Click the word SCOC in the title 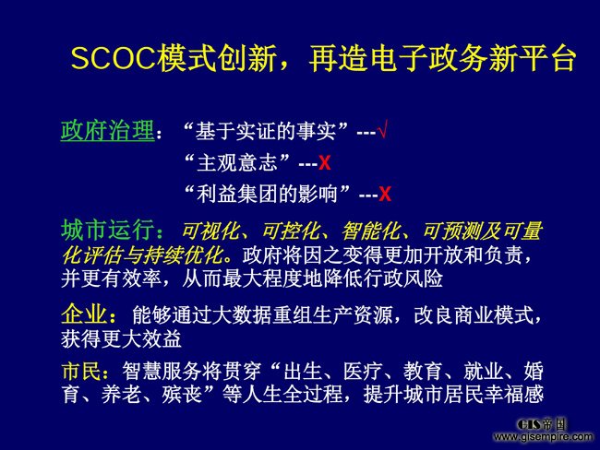pyautogui.click(x=114, y=58)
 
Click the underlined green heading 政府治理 pyautogui.click(x=107, y=131)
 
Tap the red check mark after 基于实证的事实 pyautogui.click(x=383, y=129)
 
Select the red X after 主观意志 pyautogui.click(x=325, y=163)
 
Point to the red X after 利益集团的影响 pyautogui.click(x=385, y=195)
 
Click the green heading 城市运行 pyautogui.click(x=108, y=231)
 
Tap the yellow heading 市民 pyautogui.click(x=81, y=372)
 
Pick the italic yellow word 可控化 pyautogui.click(x=291, y=231)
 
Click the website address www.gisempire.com pyautogui.click(x=543, y=436)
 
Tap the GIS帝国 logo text pyautogui.click(x=541, y=424)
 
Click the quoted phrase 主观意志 pyautogui.click(x=237, y=163)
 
